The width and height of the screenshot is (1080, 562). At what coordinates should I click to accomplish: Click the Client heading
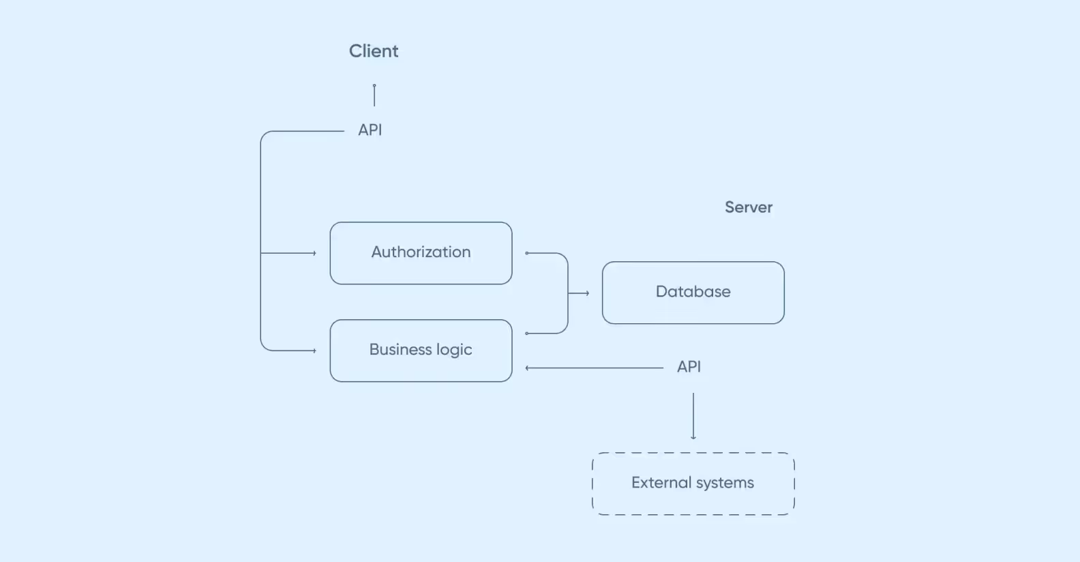point(374,51)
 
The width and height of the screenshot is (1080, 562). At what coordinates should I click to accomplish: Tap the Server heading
point(748,207)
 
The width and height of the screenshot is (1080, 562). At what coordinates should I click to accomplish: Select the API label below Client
point(370,130)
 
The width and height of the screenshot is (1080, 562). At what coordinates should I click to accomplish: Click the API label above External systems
point(689,367)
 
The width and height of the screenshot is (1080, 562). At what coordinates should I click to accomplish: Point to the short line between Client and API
point(374,95)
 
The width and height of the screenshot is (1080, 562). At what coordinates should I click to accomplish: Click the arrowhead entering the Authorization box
point(314,253)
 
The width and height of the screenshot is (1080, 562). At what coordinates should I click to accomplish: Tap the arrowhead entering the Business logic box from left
point(314,351)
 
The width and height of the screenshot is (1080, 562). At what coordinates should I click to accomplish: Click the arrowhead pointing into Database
point(587,293)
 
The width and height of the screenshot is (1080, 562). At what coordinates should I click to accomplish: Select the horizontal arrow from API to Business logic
point(593,368)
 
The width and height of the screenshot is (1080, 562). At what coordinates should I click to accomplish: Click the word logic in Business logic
point(454,350)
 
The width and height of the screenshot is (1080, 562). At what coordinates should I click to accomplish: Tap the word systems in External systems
point(725,483)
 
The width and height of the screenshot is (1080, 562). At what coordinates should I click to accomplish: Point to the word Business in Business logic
point(400,350)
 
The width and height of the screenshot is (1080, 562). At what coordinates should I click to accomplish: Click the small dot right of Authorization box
point(527,253)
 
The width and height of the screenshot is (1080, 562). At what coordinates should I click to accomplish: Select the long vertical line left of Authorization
point(260,239)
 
